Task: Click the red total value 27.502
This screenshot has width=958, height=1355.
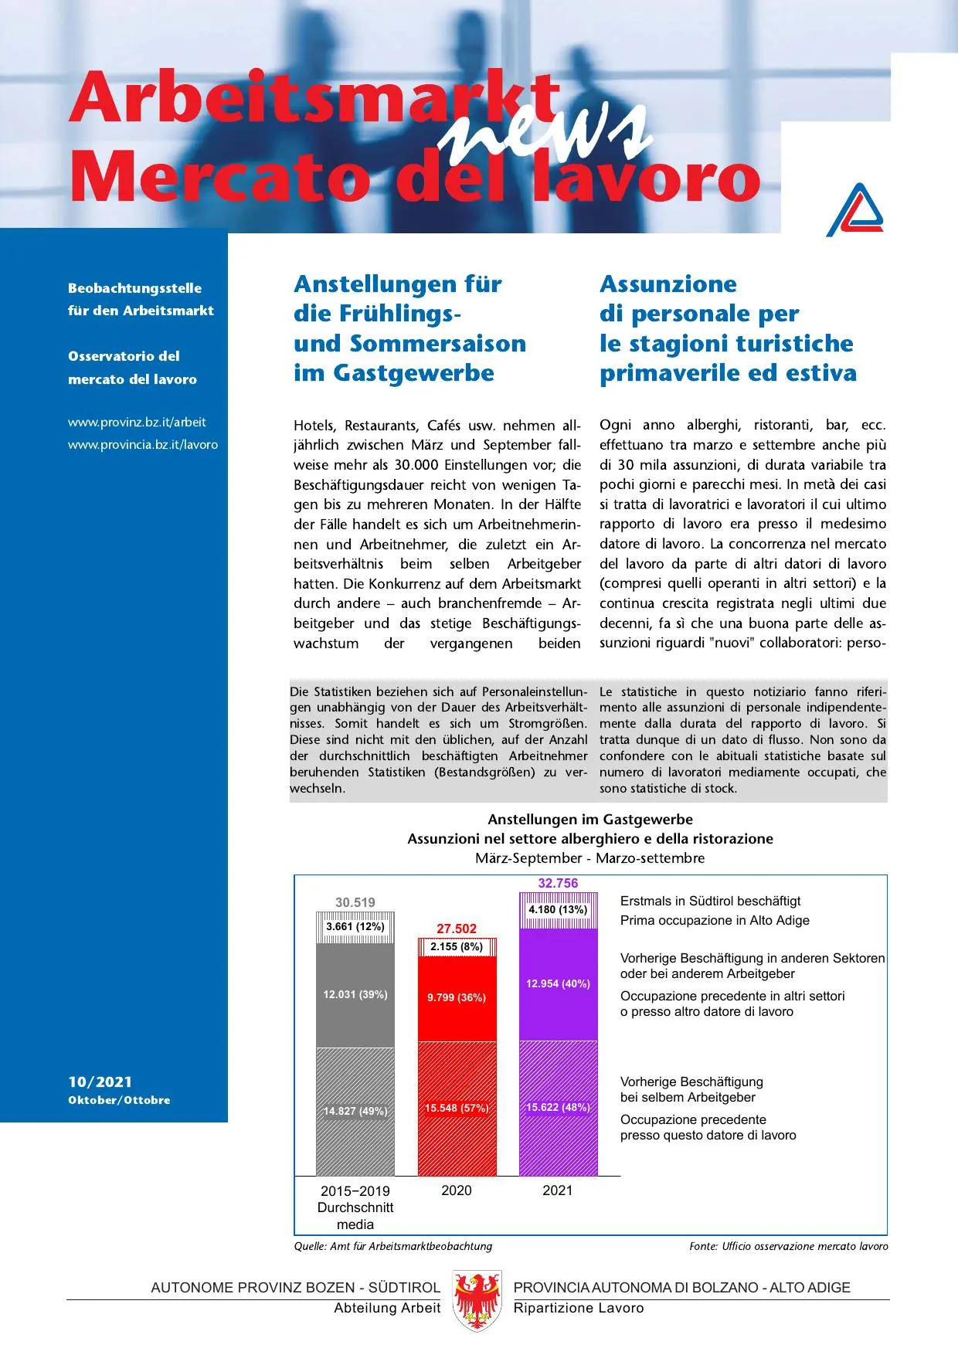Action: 457,929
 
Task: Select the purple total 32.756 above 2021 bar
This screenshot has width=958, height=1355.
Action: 558,883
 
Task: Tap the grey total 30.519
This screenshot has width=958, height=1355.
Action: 355,902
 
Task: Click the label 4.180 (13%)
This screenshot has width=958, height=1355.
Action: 558,909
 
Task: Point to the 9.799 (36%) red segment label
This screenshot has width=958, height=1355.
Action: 457,997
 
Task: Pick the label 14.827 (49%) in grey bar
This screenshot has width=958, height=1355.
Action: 355,1111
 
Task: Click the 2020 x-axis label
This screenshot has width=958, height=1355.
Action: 457,1190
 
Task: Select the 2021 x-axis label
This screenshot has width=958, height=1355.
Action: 558,1190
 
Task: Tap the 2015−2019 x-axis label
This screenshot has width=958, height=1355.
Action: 355,1191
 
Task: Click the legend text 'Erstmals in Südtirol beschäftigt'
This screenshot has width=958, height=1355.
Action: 710,901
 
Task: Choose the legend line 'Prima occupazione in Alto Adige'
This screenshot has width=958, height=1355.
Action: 715,920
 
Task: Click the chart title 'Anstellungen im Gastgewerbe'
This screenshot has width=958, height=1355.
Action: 590,820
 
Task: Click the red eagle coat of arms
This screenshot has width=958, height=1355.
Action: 477,1300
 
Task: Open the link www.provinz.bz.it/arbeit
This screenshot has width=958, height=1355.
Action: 137,423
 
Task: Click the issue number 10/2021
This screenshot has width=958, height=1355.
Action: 100,1082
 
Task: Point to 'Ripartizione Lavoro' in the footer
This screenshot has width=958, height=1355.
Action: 579,1308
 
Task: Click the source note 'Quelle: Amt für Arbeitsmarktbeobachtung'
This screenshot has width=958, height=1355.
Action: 392,1246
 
